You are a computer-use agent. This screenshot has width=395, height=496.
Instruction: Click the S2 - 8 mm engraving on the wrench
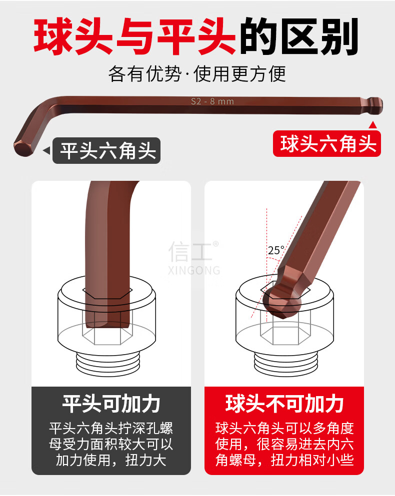coord(212,101)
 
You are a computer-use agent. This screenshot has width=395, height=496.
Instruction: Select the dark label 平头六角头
coord(106,150)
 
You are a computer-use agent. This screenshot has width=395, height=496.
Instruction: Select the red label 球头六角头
coord(327,144)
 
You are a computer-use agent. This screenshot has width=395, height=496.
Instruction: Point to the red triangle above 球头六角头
coord(373,125)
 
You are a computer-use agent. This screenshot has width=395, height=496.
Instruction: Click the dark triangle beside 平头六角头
coord(47,150)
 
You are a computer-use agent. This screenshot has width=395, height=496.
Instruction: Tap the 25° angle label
coord(276,250)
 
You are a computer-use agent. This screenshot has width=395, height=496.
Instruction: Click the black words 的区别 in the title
coord(298,36)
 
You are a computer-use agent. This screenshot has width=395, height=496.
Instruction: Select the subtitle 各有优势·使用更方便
coord(197,74)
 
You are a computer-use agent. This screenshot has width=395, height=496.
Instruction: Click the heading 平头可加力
coord(111,404)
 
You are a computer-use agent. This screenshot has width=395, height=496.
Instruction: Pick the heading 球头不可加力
coord(284,404)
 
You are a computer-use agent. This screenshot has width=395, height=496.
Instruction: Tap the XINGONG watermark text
coord(194,270)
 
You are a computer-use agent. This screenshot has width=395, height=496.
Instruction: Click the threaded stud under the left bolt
coord(107,363)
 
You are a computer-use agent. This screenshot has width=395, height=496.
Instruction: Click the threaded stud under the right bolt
coord(285,363)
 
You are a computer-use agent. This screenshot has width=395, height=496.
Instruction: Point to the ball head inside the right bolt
coord(283,301)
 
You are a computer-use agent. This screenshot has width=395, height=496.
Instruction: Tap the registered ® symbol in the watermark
coord(215,244)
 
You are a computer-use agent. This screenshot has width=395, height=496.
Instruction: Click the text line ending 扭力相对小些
coord(284,460)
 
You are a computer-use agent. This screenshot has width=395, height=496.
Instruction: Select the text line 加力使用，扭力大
coord(111,460)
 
